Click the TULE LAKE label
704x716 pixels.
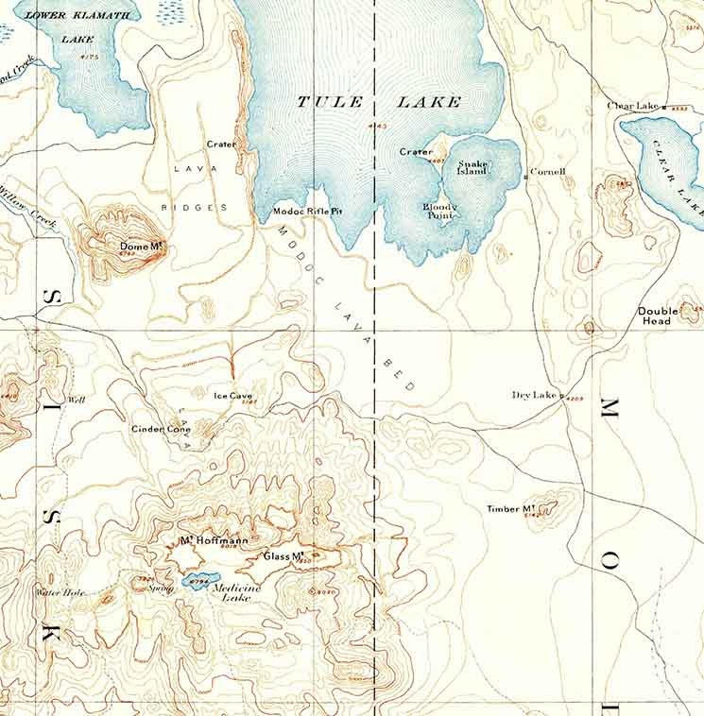coord(379,102)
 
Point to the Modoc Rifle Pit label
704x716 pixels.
coord(307,212)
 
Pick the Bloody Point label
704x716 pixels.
coord(439,211)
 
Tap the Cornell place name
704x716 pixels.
coord(547,172)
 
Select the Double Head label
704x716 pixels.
coord(657,315)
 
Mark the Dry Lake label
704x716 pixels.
coord(534,395)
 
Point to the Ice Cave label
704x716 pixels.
coord(232,396)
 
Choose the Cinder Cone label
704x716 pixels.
coord(161,429)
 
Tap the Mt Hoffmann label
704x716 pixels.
coord(214,541)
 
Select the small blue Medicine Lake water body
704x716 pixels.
coord(199,579)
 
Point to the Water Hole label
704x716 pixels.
coord(60,593)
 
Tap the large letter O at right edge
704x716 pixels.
coord(610,564)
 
